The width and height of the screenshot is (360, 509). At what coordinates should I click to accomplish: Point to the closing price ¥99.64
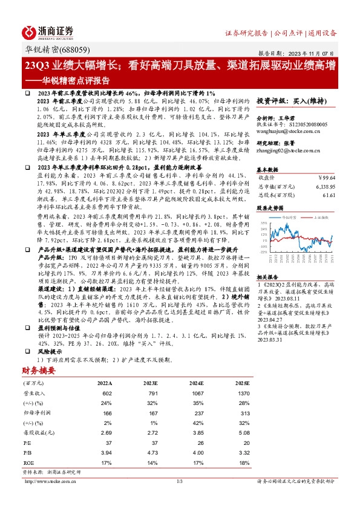(327, 178)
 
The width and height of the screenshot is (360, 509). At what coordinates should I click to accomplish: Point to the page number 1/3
(180, 481)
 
